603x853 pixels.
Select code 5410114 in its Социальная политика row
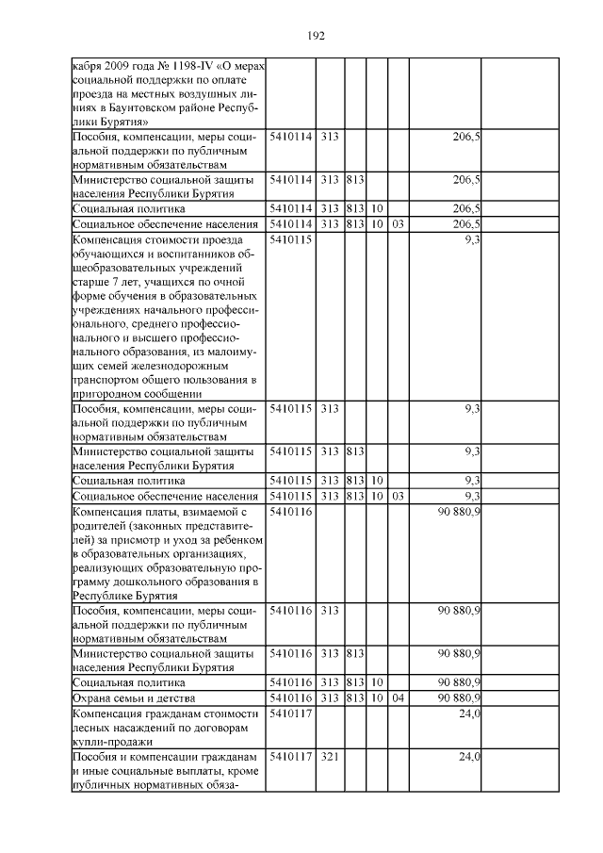pos(290,208)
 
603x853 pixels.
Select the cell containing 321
pos(329,757)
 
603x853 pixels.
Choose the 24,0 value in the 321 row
pos(469,757)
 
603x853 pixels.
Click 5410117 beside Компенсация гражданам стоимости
pos(290,714)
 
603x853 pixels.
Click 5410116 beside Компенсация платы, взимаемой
pos(290,512)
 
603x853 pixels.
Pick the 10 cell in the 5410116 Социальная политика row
pos(376,681)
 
